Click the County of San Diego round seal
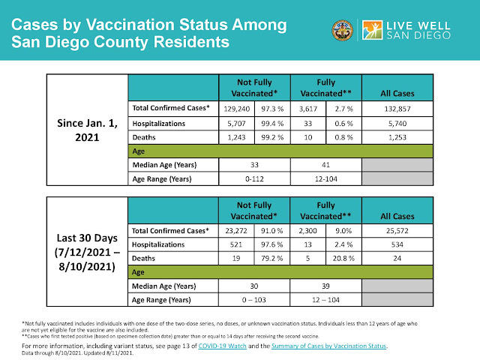[x=343, y=30]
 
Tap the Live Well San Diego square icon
[x=372, y=30]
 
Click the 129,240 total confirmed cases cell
[x=237, y=109]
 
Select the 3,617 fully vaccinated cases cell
[x=308, y=109]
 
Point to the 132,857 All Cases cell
[x=397, y=109]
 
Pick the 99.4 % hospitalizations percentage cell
[x=272, y=123]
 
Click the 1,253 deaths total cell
[x=397, y=137]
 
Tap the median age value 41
[x=325, y=165]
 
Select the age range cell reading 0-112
[x=254, y=178]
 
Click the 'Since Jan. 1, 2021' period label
[x=87, y=130]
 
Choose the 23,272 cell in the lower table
[x=236, y=230]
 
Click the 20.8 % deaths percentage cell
[x=343, y=258]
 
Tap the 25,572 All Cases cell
[x=397, y=230]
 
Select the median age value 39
[x=325, y=286]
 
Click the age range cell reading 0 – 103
[x=254, y=300]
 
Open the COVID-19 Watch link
[x=223, y=346]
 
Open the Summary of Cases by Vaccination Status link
[x=328, y=346]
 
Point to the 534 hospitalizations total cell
[x=397, y=244]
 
